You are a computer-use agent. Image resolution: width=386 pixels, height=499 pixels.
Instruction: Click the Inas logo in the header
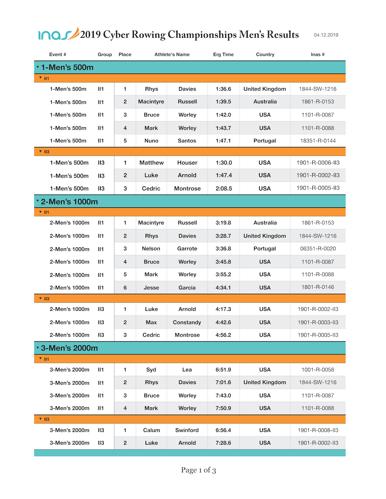[58, 34]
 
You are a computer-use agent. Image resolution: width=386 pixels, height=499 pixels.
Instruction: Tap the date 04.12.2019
[326, 35]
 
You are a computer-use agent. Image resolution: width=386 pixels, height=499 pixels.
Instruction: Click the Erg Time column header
[223, 54]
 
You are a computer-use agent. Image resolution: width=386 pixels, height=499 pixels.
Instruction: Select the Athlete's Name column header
[172, 54]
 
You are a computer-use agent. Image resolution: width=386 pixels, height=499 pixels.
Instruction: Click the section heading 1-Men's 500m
[67, 67]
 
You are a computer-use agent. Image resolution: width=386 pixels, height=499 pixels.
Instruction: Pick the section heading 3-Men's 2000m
[69, 348]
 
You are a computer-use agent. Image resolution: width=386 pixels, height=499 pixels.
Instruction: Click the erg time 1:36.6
[223, 89]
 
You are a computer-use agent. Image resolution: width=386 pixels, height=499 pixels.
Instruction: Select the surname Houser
[187, 163]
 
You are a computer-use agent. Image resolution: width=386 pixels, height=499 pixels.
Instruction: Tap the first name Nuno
[151, 141]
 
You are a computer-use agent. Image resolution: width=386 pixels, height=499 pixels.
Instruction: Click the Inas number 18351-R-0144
[318, 141]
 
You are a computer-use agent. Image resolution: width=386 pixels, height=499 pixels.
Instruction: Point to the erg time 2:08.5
[223, 189]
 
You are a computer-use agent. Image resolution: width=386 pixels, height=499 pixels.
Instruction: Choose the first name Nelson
[151, 249]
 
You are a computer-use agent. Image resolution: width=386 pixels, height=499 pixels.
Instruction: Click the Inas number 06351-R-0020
[318, 249]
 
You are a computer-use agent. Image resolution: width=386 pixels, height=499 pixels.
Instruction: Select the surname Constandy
[187, 322]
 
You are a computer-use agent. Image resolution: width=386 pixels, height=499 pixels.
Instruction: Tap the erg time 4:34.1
[223, 288]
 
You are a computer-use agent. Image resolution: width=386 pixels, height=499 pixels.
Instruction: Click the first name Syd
[151, 370]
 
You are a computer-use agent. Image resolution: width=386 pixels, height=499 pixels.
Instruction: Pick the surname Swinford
[187, 430]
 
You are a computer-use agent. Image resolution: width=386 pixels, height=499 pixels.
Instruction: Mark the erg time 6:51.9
[223, 370]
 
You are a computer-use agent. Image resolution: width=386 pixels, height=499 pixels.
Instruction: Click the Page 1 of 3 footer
[198, 470]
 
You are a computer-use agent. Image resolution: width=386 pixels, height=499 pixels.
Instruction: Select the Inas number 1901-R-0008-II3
[318, 430]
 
